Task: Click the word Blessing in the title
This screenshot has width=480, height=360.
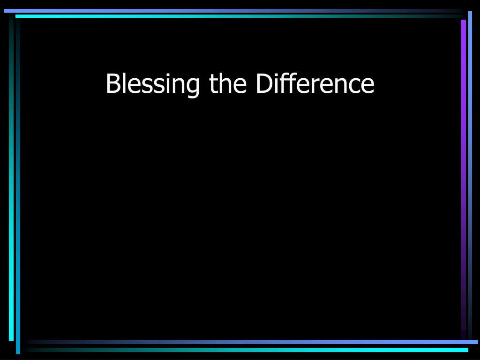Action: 152,84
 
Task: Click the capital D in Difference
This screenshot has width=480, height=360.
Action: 264,84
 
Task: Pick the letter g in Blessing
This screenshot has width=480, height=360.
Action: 192,87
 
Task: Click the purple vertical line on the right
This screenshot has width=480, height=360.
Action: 464,178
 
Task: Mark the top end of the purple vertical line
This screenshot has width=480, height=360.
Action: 464,21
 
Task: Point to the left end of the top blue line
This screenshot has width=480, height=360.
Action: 5,10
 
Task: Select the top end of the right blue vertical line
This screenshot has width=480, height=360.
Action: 470,13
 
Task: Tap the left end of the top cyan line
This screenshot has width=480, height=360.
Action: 17,16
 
